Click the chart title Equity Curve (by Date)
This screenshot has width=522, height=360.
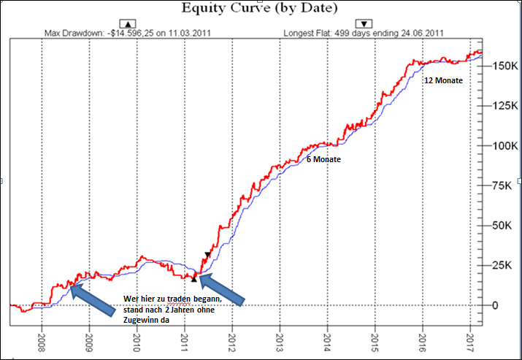261,9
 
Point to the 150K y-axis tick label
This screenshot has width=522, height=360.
500,66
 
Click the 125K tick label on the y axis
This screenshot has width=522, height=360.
500,106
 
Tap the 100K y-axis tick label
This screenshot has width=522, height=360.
500,145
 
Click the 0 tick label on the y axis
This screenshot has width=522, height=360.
496,305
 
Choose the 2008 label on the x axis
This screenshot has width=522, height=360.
42,342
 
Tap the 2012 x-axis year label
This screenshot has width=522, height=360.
231,342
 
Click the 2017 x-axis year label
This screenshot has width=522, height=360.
469,342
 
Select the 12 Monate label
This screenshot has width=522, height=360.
443,80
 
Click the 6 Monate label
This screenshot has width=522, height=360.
323,159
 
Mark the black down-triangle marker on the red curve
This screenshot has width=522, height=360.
207,255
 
